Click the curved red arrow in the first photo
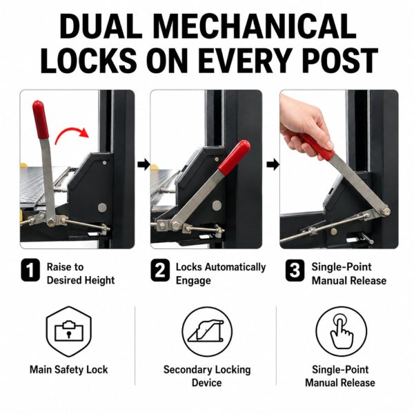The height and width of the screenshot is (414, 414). pyautogui.click(x=72, y=135)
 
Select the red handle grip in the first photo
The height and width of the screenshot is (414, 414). pyautogui.click(x=41, y=119)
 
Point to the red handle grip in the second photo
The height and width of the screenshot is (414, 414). pyautogui.click(x=234, y=157)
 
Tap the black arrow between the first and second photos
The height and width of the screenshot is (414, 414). pyautogui.click(x=144, y=165)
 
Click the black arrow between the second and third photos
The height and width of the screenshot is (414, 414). pyautogui.click(x=273, y=165)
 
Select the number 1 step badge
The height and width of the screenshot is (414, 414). pyautogui.click(x=30, y=270)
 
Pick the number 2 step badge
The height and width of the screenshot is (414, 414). pyautogui.click(x=160, y=270)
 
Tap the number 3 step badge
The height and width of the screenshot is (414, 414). pyautogui.click(x=295, y=270)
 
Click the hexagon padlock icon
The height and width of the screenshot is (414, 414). pyautogui.click(x=68, y=332)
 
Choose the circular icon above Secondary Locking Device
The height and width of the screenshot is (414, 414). pyautogui.click(x=207, y=332)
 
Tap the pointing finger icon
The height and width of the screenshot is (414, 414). pyautogui.click(x=342, y=332)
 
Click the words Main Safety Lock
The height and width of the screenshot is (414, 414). pyautogui.click(x=68, y=370)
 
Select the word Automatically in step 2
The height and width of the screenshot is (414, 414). pyautogui.click(x=235, y=267)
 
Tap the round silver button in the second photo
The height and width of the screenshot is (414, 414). pyautogui.click(x=217, y=206)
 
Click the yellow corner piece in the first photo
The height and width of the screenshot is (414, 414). pyautogui.click(x=23, y=166)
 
